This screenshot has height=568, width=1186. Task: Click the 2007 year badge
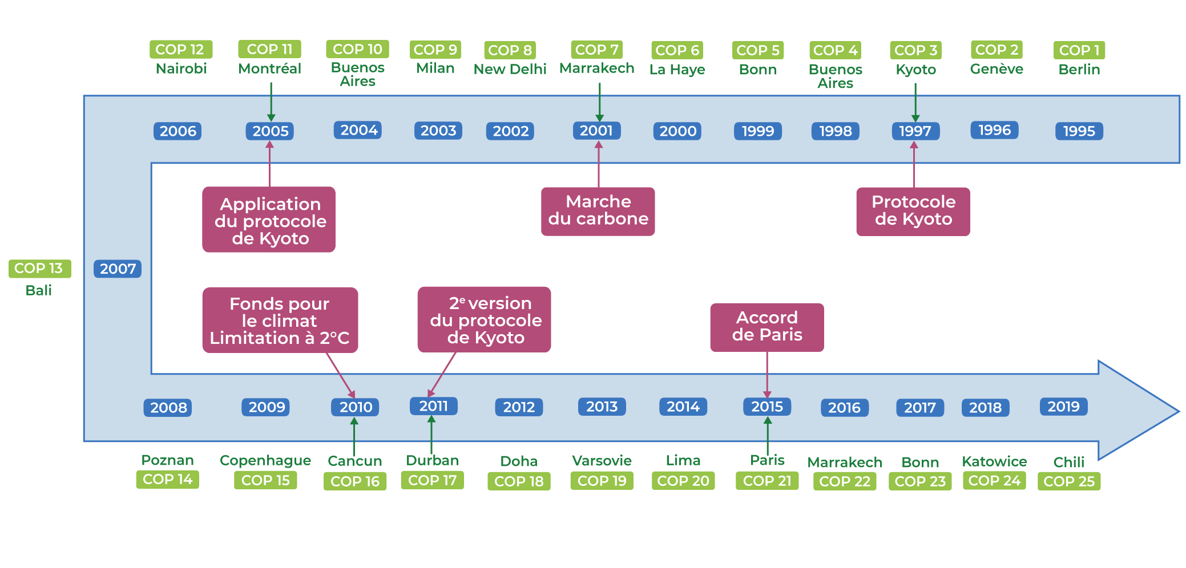(x=118, y=269)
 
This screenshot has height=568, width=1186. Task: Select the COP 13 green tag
(x=39, y=269)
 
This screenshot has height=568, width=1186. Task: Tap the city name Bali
(x=39, y=290)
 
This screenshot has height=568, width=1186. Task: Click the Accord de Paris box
(x=767, y=327)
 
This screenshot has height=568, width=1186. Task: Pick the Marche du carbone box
(x=598, y=211)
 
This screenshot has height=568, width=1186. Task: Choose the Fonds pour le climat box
(x=280, y=320)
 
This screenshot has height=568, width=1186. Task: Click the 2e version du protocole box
(x=484, y=319)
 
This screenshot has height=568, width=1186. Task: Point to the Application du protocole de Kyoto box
(x=269, y=220)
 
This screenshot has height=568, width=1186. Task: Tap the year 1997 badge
(x=915, y=131)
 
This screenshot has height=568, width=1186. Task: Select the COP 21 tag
(x=767, y=481)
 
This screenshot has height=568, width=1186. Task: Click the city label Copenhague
(x=265, y=460)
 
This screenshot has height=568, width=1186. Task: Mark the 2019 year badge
(x=1063, y=407)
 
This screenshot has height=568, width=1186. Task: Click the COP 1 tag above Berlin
(x=1079, y=50)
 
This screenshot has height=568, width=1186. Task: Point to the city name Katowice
(x=994, y=461)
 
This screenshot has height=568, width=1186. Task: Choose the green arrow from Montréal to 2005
(x=271, y=101)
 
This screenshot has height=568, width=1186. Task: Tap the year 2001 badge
(x=596, y=131)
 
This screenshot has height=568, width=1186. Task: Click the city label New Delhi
(x=510, y=70)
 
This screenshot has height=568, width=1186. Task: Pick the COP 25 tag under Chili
(x=1068, y=481)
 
